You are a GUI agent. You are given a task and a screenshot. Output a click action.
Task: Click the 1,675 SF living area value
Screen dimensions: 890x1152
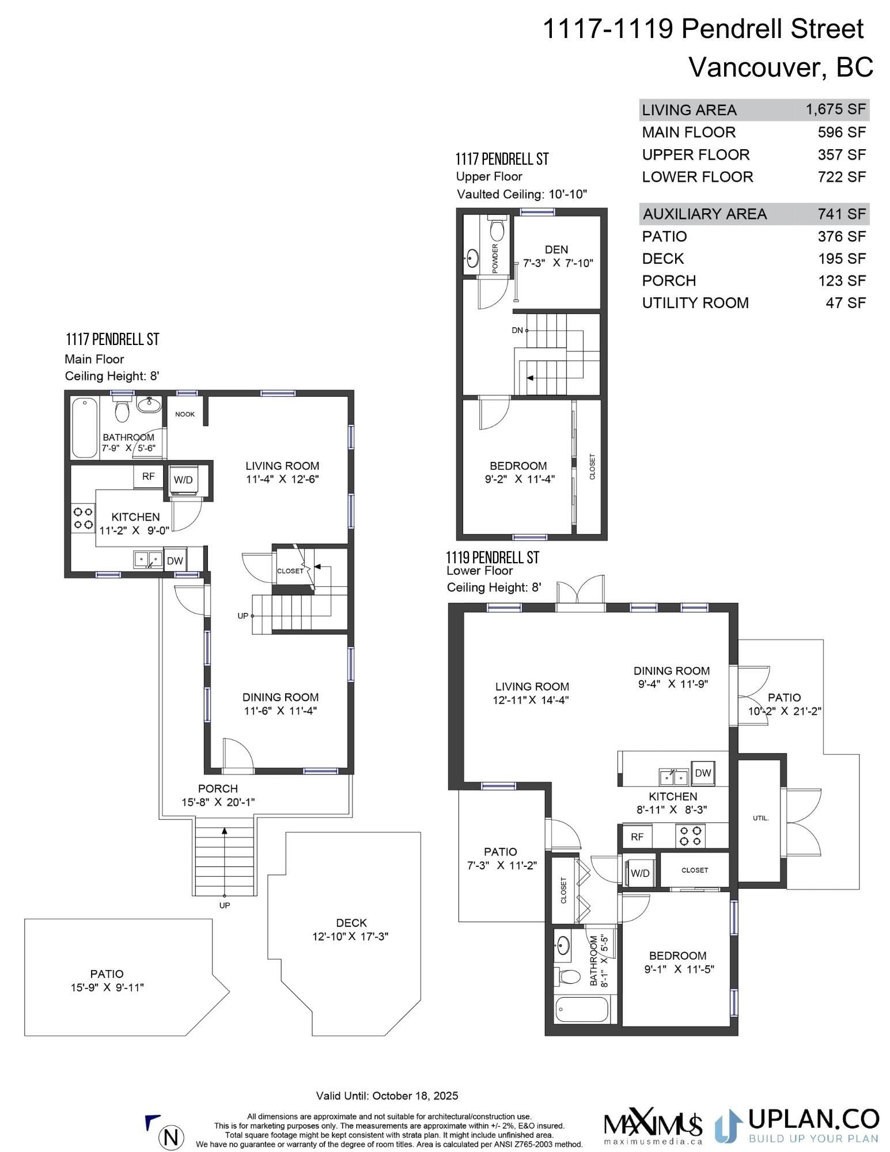[x=835, y=109]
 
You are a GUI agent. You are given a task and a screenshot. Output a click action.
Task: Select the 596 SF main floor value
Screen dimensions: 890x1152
[x=842, y=132]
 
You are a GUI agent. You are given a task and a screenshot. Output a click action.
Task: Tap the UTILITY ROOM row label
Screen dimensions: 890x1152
[x=695, y=303]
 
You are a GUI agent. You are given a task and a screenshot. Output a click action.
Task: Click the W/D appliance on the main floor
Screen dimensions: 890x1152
[x=183, y=480]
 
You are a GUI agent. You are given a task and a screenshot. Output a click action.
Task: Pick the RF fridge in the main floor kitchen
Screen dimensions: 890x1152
[x=148, y=476]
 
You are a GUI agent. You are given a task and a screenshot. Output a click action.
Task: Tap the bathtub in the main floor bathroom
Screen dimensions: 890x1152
[x=85, y=427]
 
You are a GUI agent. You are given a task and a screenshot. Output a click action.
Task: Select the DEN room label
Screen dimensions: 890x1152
[x=556, y=249]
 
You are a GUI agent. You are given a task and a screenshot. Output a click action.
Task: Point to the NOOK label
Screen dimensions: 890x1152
[x=185, y=414]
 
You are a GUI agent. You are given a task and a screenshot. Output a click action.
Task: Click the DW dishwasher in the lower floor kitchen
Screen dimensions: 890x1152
[x=703, y=773]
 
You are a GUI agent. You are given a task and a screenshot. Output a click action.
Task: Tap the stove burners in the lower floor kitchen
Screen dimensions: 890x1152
[x=690, y=836]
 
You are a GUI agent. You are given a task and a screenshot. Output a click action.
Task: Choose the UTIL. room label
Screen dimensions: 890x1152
[x=760, y=818]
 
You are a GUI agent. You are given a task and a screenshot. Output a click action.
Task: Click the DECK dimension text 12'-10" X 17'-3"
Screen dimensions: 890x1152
[x=350, y=937]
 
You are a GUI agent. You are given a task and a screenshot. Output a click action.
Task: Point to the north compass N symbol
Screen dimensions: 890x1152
[x=171, y=1137]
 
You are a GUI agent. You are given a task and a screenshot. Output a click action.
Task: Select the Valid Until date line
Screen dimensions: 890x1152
[x=387, y=1096]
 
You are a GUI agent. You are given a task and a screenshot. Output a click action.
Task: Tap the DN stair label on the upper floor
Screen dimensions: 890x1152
[x=517, y=330]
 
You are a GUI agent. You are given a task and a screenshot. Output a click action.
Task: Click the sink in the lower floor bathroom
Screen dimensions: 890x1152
[x=563, y=945]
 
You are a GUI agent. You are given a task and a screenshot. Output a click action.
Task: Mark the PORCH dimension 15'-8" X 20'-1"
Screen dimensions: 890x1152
[x=218, y=802]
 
